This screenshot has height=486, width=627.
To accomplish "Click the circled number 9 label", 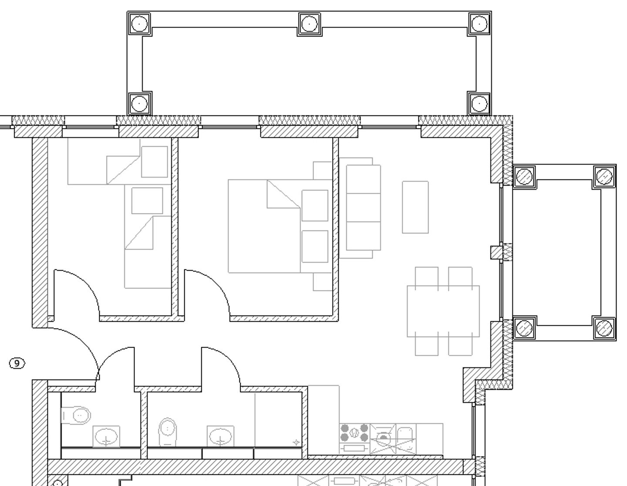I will pos(17,363).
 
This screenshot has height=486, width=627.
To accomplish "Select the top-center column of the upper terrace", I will pos(309,24).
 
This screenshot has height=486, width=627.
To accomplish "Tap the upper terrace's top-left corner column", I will pos(139,24).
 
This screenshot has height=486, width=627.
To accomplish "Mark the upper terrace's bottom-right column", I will pos(479,104).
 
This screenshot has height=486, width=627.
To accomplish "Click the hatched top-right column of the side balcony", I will pos(604,176).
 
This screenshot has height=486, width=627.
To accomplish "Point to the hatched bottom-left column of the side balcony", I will pos(524,327).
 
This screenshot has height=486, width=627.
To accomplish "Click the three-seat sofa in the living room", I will pos(363,208).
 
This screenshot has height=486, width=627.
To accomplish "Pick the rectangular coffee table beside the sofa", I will pos(415,207).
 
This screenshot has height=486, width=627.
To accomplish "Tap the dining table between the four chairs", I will pos(443,311).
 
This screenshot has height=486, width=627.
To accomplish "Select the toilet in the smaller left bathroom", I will pos(77,415).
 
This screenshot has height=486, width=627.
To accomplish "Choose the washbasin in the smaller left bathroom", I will pos(106,436).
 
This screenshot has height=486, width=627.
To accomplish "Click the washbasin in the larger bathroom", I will pos(220,436).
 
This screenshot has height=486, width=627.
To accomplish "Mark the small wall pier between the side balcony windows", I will pos(496,253).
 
